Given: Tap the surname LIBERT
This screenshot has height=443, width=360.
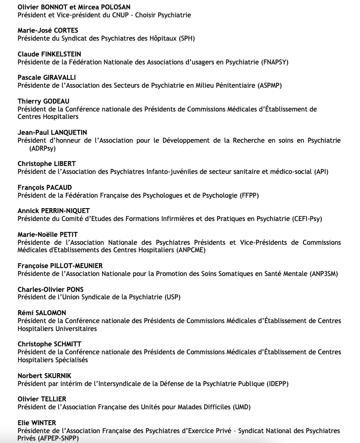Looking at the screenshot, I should [62, 164].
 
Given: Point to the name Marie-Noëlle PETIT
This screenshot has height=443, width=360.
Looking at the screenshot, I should [48, 234].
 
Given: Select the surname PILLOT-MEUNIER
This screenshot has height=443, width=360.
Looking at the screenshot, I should [75, 266].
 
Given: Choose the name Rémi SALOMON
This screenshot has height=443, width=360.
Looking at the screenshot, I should [42, 313].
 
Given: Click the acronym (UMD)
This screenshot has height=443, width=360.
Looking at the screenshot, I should [241, 407].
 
